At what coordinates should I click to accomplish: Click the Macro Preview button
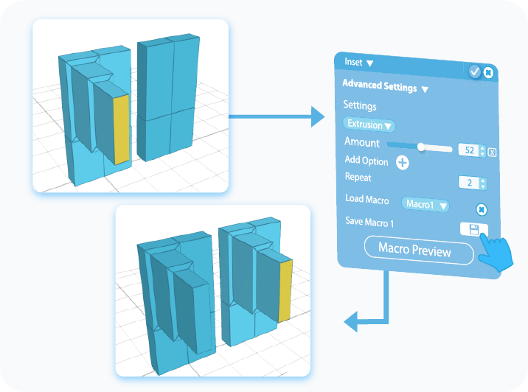(x=418, y=251)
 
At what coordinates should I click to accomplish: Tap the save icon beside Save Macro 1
(x=470, y=229)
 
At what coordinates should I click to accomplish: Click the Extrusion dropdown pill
(x=369, y=125)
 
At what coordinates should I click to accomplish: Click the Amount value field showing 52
(x=468, y=150)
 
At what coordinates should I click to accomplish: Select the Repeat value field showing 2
(x=468, y=183)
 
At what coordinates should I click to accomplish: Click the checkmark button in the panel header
(x=475, y=71)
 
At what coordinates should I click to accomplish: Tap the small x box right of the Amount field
(x=492, y=152)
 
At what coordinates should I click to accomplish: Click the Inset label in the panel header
(x=354, y=63)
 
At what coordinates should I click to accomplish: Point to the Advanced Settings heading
(x=380, y=86)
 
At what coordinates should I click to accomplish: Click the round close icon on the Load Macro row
(x=481, y=209)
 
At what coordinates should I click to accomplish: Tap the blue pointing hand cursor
(x=493, y=253)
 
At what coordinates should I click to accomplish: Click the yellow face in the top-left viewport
(x=121, y=128)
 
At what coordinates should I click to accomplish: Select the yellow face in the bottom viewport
(x=284, y=290)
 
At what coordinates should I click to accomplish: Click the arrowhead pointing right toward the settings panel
(x=316, y=116)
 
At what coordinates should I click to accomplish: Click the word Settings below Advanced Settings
(x=359, y=106)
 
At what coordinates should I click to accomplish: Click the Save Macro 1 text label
(x=370, y=221)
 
